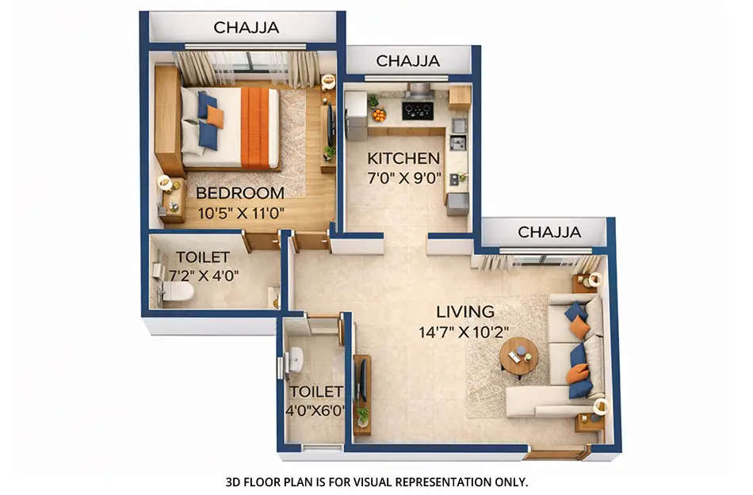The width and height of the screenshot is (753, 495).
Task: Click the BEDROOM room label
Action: [239, 192]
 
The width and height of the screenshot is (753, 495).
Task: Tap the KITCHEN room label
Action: [403, 158]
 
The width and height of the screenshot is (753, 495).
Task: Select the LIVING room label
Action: [464, 311]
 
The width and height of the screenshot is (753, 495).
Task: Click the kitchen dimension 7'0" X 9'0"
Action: [403, 177]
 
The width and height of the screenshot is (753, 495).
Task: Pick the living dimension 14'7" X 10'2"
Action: [464, 332]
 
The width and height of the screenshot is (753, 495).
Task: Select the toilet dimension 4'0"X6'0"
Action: [315, 411]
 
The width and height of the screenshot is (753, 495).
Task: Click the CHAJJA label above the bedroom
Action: [246, 28]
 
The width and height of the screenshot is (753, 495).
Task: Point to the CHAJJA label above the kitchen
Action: [408, 61]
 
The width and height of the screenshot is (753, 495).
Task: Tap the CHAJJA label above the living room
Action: [549, 232]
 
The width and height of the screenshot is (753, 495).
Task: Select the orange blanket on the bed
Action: [254, 128]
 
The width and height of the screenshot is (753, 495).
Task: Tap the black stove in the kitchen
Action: [417, 110]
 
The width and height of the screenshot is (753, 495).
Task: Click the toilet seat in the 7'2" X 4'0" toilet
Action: [176, 292]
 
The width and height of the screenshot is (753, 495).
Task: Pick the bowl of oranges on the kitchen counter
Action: [379, 115]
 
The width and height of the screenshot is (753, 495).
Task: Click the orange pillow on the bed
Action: [215, 117]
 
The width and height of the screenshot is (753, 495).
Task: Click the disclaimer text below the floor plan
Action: [376, 481]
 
